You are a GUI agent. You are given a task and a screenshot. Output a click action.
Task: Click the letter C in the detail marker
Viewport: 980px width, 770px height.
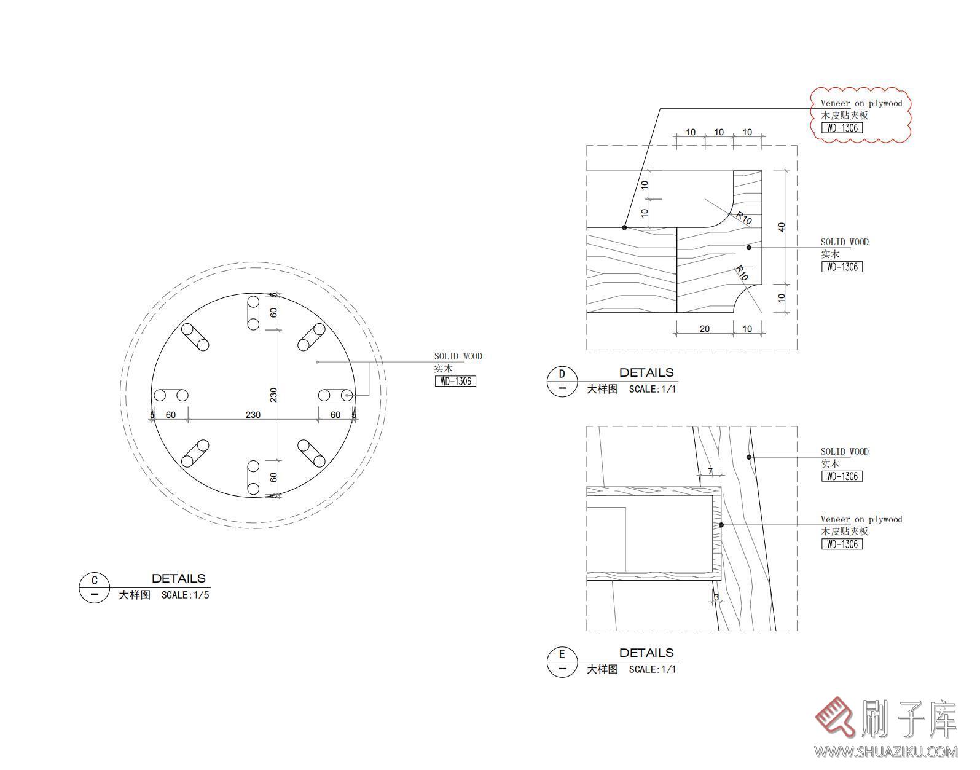point(94,580)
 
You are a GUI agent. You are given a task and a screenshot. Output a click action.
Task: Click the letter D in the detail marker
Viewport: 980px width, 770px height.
point(562,374)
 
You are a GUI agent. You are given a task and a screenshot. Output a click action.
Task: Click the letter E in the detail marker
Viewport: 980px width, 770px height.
point(562,654)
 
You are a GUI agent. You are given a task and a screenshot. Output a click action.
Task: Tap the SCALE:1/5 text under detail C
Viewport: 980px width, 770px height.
point(186,595)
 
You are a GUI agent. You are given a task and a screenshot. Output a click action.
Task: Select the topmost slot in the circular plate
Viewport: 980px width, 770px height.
point(253,313)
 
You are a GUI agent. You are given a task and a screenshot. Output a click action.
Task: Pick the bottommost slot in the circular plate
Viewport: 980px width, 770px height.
point(253,477)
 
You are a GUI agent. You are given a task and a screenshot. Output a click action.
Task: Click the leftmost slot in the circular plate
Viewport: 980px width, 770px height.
point(171,396)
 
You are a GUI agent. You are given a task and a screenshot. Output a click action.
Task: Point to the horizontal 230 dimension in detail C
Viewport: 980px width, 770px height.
point(253,415)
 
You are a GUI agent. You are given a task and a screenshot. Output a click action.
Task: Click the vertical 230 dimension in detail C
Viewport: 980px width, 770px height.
point(273,395)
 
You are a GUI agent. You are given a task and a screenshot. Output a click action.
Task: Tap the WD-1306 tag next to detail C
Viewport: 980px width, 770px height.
point(455,381)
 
